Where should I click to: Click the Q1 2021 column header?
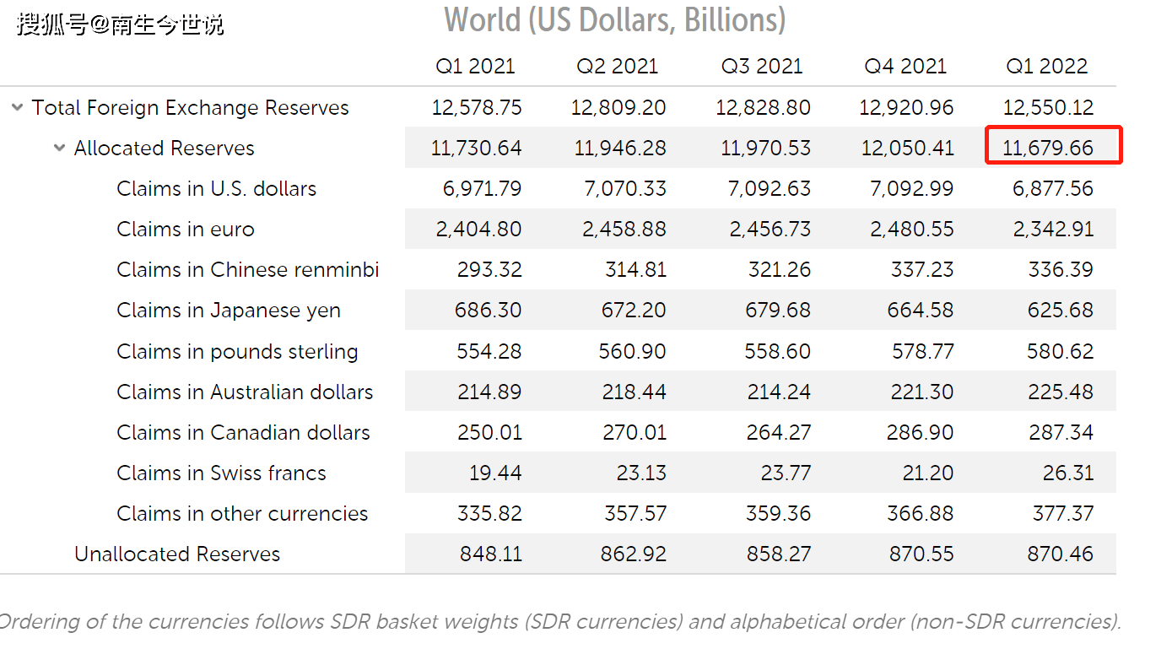pos(475,67)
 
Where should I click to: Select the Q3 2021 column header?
pos(762,67)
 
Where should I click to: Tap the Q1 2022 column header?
pos(1047,67)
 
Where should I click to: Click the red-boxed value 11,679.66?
pos(1048,149)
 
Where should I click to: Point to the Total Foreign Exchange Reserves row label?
pos(190,108)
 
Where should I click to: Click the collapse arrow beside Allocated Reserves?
pos(59,148)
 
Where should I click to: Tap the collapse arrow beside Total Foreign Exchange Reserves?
pos(17,107)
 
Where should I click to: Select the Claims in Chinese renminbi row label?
pos(247,270)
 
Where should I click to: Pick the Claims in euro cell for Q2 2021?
pos(624,230)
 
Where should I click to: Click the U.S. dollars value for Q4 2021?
pos(911,189)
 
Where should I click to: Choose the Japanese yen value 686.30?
pos(488,311)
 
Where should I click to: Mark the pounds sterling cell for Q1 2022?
pos(1060,351)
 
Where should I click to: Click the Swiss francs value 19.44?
pos(495,473)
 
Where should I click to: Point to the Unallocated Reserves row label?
pos(177,554)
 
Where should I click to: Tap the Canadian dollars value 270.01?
pos(634,433)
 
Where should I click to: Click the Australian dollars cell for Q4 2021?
pos(922,392)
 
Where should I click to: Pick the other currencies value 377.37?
pos(1062,514)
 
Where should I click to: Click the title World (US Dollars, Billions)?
pos(615,20)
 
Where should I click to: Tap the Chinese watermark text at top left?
pos(121,24)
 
